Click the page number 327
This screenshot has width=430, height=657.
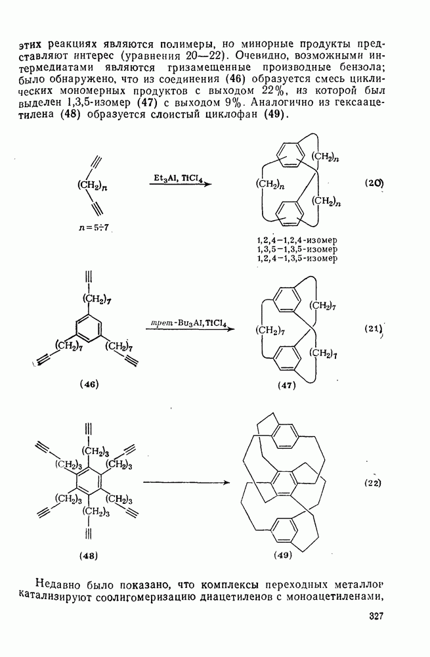click(x=376, y=616)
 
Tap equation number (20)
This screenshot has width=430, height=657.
click(x=374, y=183)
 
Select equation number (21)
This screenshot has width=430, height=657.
click(x=374, y=329)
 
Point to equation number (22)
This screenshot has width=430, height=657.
click(x=372, y=483)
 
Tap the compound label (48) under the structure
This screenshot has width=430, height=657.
click(x=88, y=556)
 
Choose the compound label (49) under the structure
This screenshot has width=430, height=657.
click(x=283, y=556)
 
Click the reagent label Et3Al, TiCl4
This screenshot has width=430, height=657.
click(x=178, y=177)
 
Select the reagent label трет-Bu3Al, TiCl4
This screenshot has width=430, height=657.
click(x=188, y=323)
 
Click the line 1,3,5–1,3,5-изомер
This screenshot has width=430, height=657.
click(x=297, y=249)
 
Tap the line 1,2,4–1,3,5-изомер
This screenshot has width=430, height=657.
click(x=297, y=258)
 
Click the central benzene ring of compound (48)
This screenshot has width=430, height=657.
click(x=89, y=483)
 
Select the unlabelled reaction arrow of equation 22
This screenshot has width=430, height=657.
click(x=186, y=483)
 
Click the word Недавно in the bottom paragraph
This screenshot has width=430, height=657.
click(x=56, y=583)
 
